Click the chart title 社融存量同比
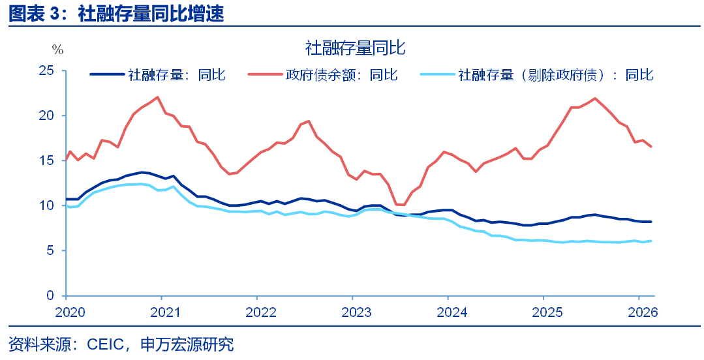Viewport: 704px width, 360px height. point(356,48)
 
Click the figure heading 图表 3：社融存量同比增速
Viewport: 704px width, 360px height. point(116,14)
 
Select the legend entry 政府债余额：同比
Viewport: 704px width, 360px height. point(341,75)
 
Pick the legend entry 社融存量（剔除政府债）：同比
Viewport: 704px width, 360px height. point(555,75)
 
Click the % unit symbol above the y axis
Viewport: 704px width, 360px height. point(57,50)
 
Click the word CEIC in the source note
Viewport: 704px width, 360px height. point(102,344)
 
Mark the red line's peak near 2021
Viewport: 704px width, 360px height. point(157,97)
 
